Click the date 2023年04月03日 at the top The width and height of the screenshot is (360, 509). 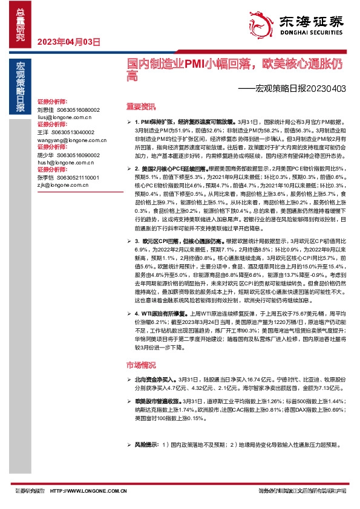pos(68,42)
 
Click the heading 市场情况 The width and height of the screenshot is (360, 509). pos(141,365)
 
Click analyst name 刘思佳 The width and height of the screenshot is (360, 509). pos(46,110)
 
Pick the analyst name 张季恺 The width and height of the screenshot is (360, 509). pos(46,178)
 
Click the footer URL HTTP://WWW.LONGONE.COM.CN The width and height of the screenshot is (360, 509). pos(88,491)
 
